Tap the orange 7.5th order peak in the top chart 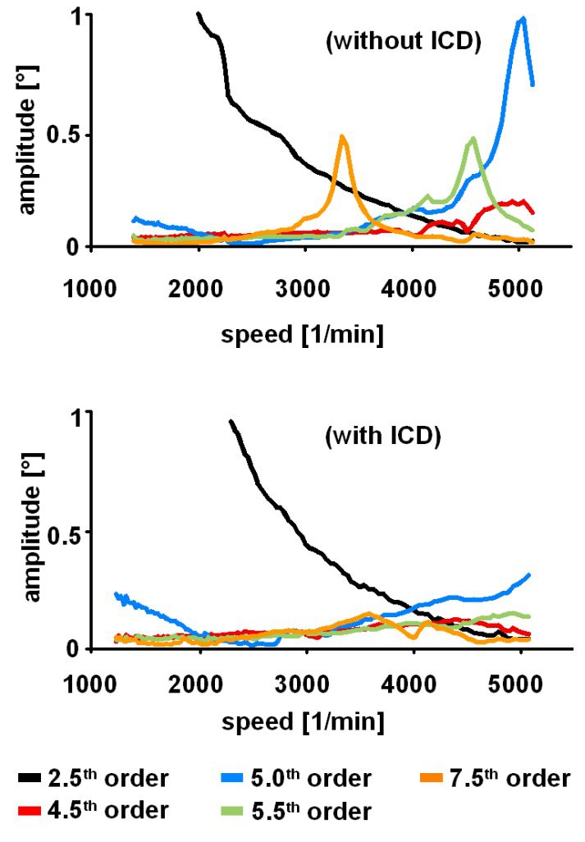pos(341,138)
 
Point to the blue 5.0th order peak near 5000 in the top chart pos(522,18)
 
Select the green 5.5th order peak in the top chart pos(473,140)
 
